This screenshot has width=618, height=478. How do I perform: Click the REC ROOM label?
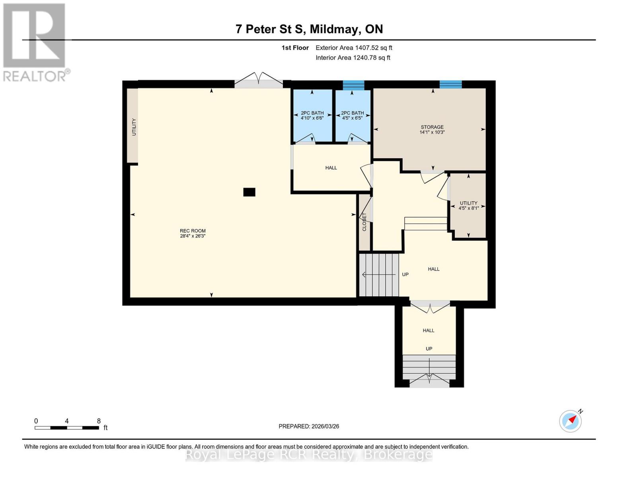click(x=193, y=231)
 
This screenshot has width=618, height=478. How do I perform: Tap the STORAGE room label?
click(x=432, y=127)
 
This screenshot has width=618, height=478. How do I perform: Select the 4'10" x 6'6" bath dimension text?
click(x=312, y=118)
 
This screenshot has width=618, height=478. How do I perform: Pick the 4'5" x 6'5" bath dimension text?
click(x=352, y=118)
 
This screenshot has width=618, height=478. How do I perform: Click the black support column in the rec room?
click(x=249, y=192)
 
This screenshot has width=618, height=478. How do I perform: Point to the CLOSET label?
click(x=364, y=222)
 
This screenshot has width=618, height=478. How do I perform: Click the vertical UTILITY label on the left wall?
click(x=134, y=127)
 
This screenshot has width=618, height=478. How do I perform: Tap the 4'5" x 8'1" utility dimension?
click(x=468, y=208)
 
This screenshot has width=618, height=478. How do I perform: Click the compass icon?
click(x=570, y=421)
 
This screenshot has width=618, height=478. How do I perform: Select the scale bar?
click(x=67, y=428)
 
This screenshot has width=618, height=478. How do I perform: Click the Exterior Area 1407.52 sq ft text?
click(x=354, y=48)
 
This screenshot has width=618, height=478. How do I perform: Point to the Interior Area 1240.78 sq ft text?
click(x=353, y=58)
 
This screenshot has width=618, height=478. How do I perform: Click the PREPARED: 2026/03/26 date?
click(x=309, y=426)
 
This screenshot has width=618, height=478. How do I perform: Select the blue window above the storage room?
click(x=450, y=84)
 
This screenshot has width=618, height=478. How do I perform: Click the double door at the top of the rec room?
click(x=259, y=81)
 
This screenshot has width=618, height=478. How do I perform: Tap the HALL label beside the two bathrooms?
click(x=331, y=168)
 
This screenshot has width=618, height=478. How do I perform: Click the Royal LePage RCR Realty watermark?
click(x=309, y=454)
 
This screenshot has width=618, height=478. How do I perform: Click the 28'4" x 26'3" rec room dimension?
click(x=193, y=236)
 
